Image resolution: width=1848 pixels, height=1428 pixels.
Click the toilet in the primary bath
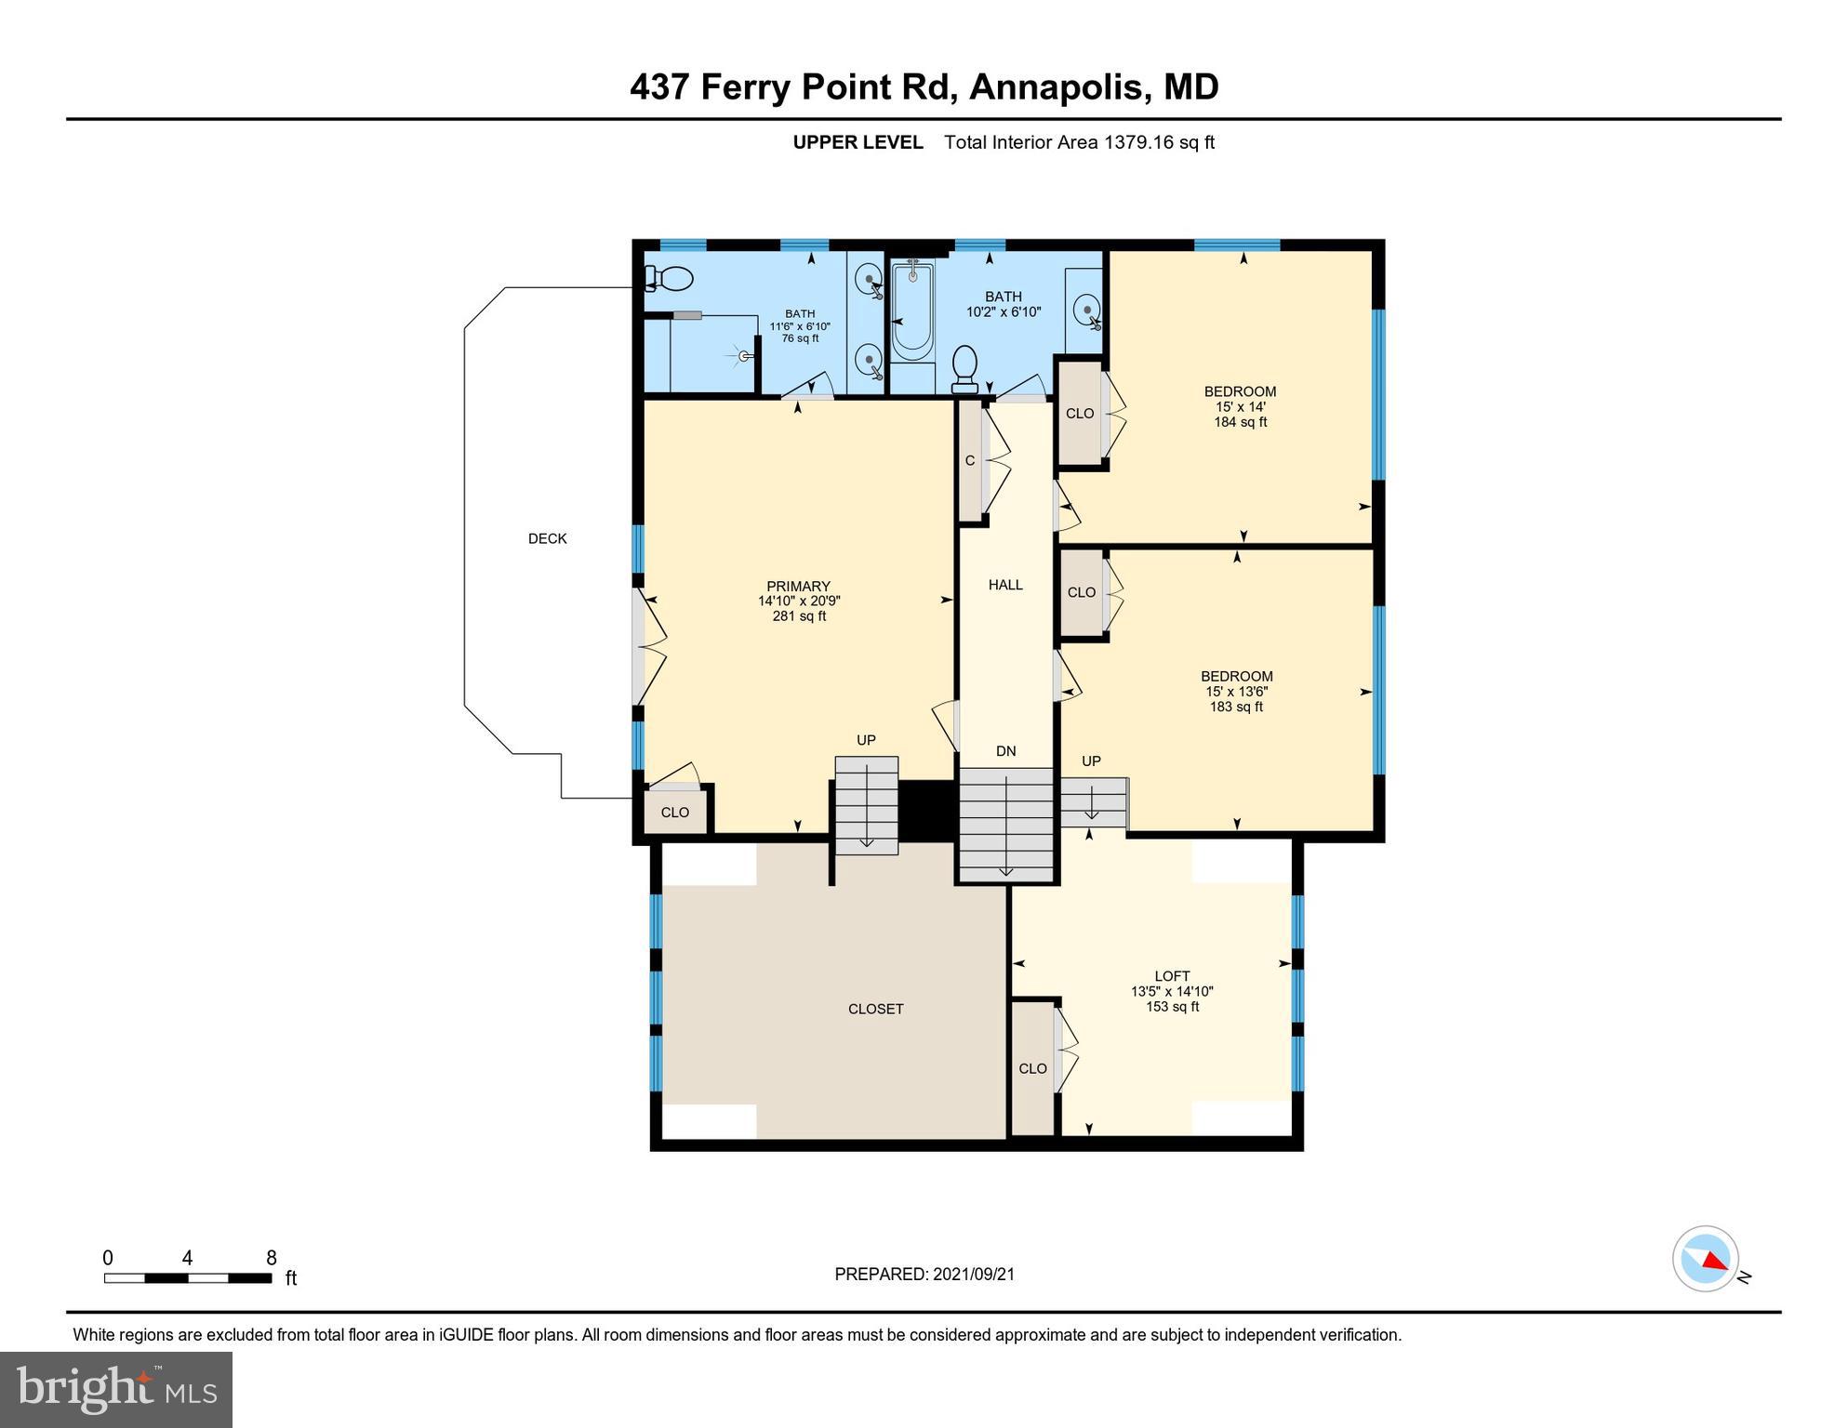click(x=669, y=278)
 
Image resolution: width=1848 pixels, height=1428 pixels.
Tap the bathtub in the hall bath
click(x=912, y=311)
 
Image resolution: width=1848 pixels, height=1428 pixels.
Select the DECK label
click(x=547, y=539)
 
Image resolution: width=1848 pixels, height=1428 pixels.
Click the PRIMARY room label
click(x=798, y=587)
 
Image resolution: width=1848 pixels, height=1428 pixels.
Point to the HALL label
click(x=1005, y=585)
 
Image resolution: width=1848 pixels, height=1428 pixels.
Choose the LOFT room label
click(x=1172, y=976)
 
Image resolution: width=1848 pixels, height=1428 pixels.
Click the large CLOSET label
click(x=876, y=1009)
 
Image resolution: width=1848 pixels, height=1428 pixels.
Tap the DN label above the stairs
click(x=1005, y=751)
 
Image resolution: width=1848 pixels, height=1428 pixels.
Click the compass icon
click(x=1706, y=1259)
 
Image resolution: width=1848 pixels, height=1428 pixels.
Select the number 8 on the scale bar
click(x=272, y=1259)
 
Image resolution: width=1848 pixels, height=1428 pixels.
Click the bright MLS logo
click(x=116, y=1389)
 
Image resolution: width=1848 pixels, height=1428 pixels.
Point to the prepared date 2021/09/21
click(x=972, y=1275)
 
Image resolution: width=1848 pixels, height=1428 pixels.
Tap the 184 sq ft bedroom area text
click(x=1240, y=422)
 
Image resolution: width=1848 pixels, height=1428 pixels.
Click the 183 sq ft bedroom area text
click(x=1236, y=707)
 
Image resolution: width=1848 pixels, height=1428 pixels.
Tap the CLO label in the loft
click(x=1032, y=1069)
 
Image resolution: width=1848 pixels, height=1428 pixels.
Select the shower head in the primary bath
click(x=744, y=355)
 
